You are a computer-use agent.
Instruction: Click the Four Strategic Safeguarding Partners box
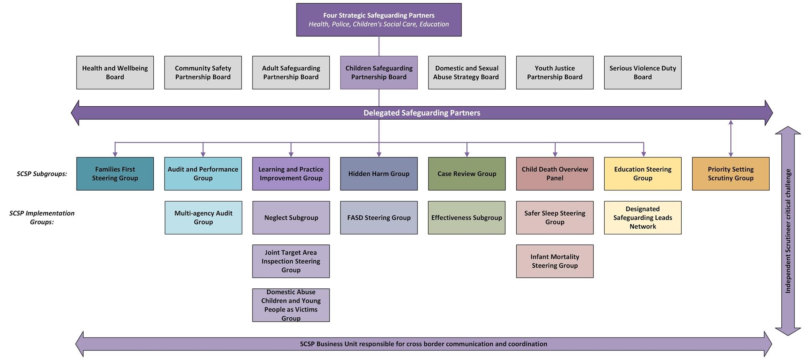[379, 20]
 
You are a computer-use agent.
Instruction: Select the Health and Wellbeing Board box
[115, 72]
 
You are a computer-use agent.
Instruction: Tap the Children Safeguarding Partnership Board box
[379, 72]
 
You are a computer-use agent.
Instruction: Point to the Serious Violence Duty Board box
[642, 72]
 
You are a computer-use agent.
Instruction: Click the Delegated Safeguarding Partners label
[422, 113]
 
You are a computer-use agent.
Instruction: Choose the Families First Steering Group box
[115, 174]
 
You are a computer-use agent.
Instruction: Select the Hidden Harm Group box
[379, 174]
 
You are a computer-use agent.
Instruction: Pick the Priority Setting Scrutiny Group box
[730, 174]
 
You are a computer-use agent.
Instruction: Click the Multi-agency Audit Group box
[203, 218]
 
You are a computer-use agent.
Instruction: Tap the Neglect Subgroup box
[291, 218]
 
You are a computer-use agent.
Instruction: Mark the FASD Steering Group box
[379, 218]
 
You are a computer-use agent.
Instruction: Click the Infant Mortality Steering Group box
[554, 261]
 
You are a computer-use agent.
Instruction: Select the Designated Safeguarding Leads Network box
[642, 218]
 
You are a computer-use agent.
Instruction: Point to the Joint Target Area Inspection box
[291, 261]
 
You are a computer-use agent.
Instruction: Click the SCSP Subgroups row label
[42, 174]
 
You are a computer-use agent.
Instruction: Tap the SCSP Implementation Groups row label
[42, 217]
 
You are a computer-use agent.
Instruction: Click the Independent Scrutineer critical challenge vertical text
[788, 231]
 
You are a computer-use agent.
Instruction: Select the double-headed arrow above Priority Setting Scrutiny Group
[731, 138]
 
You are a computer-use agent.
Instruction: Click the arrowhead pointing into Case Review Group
[467, 154]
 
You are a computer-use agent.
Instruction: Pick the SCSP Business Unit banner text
[423, 344]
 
